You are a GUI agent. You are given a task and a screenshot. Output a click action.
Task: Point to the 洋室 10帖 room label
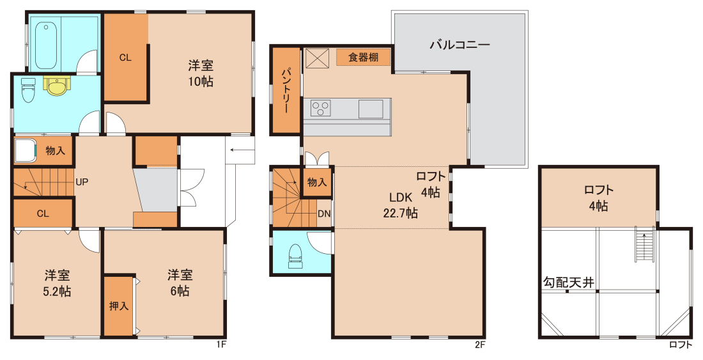coord(201,74)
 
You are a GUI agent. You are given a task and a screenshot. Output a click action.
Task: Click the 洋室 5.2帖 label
coord(57,283)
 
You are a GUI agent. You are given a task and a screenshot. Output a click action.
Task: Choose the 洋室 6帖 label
coord(180,283)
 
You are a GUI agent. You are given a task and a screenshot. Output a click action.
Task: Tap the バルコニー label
coord(460,45)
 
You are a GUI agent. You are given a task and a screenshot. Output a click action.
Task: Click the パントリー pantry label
coord(286,91)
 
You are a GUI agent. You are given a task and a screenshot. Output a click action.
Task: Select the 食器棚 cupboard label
coord(363,58)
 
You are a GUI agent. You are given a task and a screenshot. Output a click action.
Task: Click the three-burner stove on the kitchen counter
coord(320,108)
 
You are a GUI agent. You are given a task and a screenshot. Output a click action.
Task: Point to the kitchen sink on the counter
coord(370,109)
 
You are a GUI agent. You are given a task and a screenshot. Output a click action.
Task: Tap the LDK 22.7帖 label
coord(400,205)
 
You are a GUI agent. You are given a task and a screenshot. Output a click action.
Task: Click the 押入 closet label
coord(119,306)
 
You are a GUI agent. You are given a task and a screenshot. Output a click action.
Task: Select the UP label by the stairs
coord(82,182)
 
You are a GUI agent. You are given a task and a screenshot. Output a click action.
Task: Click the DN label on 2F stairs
coord(324,214)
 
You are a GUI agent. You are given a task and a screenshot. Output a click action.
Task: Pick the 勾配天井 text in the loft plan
coord(569,283)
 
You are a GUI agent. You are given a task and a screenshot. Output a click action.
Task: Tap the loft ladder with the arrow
coord(643,246)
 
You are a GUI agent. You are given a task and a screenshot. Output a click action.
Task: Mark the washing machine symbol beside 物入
coord(25,150)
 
